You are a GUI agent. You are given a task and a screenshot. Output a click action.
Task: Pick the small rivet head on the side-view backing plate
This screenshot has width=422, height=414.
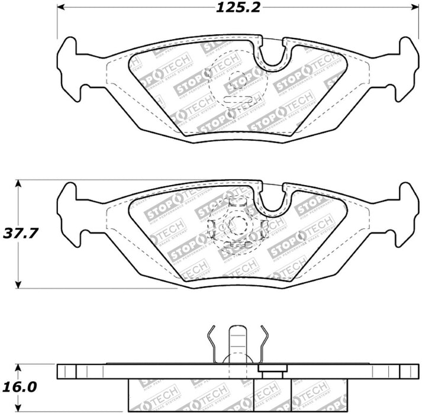point(271,370)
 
